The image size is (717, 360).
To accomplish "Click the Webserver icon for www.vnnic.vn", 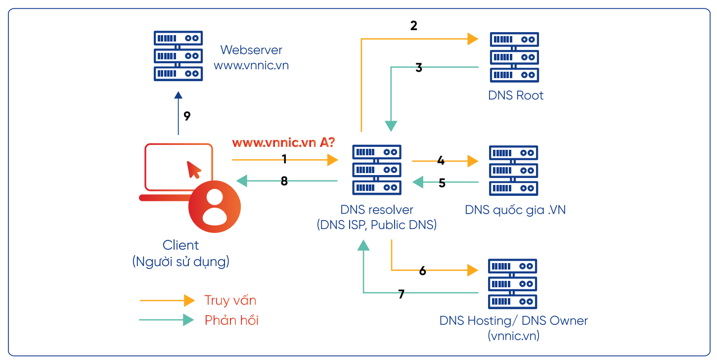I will click(178, 56).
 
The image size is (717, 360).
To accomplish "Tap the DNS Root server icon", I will click(514, 56).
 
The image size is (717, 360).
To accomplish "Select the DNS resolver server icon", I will click(377, 170).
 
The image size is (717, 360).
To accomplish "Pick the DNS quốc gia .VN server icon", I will click(513, 170).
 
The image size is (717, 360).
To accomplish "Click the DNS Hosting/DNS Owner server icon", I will click(513, 283).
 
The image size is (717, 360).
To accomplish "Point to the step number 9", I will click(187, 116).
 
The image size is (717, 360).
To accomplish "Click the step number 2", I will click(414, 26).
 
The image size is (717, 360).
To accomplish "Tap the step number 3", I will click(419, 68).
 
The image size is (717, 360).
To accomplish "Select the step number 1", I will click(284, 159).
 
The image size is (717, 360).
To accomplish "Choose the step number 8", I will click(284, 181).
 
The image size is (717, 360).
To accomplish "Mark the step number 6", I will click(422, 270).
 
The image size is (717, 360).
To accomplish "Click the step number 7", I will click(401, 294).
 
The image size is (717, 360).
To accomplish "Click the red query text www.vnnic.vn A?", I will click(283, 143).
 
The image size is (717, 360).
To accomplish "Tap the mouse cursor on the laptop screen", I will click(194, 169).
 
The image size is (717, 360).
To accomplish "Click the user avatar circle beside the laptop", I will click(214, 206).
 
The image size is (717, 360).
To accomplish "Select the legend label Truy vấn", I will click(230, 300).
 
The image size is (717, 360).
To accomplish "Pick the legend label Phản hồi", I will click(231, 320).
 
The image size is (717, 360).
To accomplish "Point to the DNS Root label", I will click(516, 95).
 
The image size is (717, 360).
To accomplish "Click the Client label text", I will click(181, 245).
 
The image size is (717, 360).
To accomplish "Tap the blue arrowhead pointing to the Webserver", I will click(179, 95).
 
